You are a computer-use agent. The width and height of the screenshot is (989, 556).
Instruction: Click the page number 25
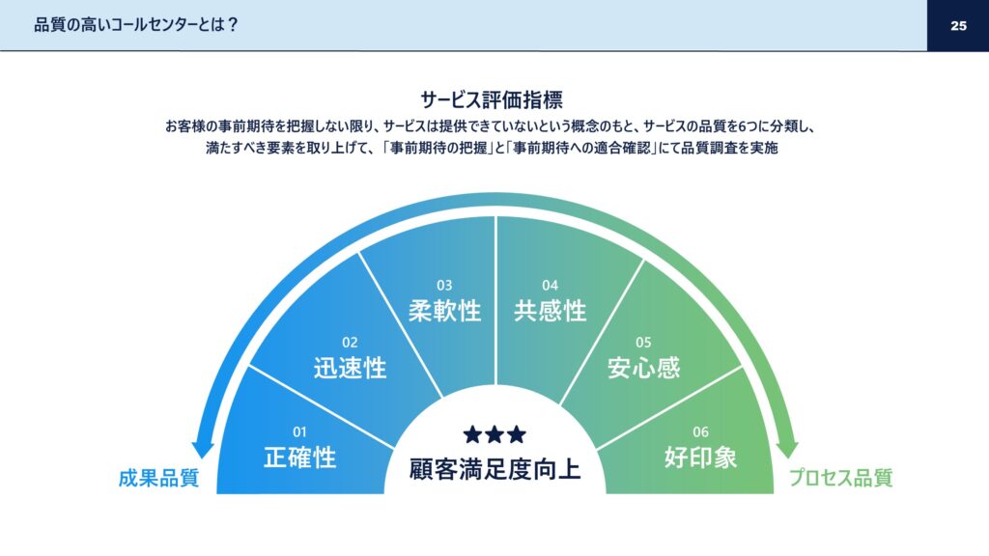click(x=958, y=26)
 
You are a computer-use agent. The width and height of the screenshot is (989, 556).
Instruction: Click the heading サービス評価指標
click(x=492, y=99)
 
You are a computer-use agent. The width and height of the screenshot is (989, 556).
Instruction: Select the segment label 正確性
click(x=299, y=457)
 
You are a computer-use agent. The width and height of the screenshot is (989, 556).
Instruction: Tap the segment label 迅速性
click(x=350, y=368)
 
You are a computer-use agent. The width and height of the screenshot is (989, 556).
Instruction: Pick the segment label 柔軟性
click(x=444, y=311)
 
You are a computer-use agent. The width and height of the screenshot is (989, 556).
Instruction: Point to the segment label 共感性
click(x=550, y=311)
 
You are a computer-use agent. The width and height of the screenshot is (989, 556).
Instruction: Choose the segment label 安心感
click(x=643, y=368)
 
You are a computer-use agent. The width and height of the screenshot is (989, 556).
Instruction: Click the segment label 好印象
click(x=700, y=457)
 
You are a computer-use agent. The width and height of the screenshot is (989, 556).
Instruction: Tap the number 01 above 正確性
click(x=299, y=432)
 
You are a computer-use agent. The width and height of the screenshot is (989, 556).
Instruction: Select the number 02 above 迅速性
click(x=350, y=343)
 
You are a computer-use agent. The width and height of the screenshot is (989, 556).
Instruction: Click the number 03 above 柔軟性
click(x=444, y=286)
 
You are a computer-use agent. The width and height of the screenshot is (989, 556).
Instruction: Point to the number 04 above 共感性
click(x=550, y=286)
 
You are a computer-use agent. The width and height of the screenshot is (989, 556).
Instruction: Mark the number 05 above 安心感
click(x=643, y=343)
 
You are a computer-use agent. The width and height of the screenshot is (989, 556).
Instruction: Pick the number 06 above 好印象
click(x=700, y=432)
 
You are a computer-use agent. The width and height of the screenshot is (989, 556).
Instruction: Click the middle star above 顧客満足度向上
click(x=494, y=434)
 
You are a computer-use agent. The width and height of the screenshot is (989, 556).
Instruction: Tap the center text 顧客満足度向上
click(x=494, y=470)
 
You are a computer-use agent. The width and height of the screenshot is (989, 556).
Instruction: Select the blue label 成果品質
click(x=159, y=478)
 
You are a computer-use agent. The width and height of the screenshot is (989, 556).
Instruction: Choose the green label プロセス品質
click(x=841, y=478)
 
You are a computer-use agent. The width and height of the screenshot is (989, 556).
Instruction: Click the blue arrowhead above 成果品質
click(x=203, y=448)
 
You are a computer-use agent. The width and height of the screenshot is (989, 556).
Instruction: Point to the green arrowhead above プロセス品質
click(x=787, y=448)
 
